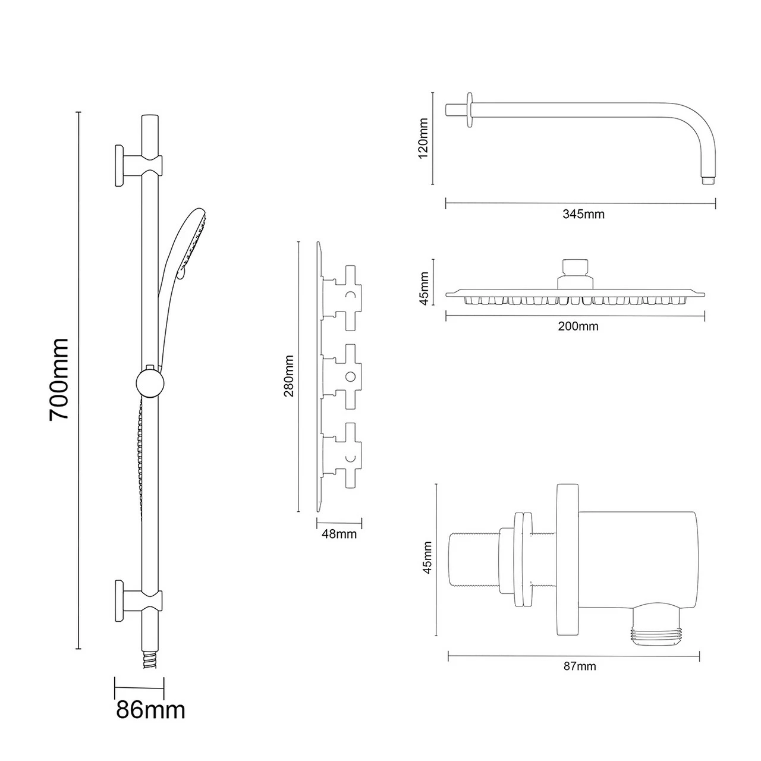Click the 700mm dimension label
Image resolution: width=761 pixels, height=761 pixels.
tap(59, 379)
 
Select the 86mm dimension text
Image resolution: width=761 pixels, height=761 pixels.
tap(150, 709)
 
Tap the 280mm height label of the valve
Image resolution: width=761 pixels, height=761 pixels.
tap(290, 376)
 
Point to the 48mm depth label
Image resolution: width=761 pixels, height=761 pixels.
tap(339, 534)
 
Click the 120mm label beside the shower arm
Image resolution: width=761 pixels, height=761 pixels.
tap(423, 137)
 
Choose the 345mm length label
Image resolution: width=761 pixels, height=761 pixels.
tap(583, 214)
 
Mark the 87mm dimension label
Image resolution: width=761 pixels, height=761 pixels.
tap(579, 666)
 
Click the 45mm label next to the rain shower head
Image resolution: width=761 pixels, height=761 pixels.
tap(424, 288)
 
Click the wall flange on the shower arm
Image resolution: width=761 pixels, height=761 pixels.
tap(470, 109)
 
